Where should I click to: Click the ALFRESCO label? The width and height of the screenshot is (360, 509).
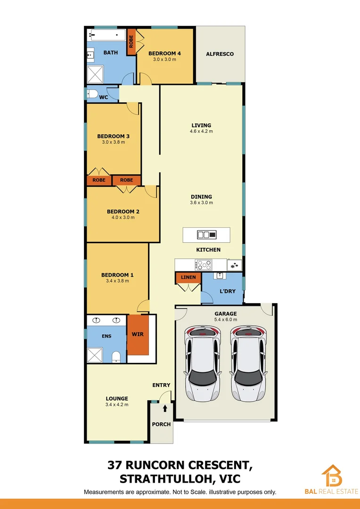220,54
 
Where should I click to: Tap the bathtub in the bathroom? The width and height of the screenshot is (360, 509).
106,35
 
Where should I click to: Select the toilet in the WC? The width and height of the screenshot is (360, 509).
92,93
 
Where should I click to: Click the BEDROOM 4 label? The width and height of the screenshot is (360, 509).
164,53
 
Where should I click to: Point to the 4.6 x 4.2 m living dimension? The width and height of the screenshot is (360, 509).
201,131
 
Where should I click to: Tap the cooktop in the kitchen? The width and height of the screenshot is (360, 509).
204,264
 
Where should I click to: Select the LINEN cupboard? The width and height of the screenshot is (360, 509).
188,278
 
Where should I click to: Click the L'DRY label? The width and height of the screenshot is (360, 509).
228,291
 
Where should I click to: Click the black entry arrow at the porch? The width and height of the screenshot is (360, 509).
165,407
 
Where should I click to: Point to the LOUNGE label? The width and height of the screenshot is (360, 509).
117,399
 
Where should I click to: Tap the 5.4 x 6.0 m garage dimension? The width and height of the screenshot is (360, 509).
226,320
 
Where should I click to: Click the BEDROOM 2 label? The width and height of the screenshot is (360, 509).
123,212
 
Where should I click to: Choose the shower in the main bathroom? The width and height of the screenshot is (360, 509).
96,74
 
